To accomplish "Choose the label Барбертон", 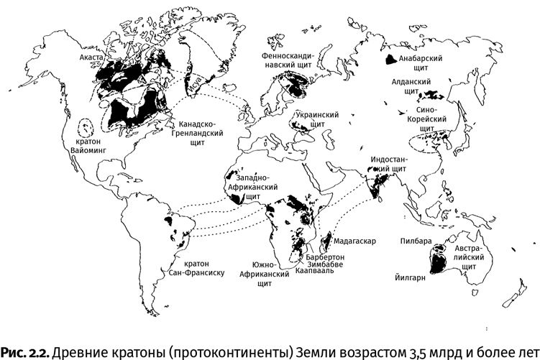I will tap(325, 256).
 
